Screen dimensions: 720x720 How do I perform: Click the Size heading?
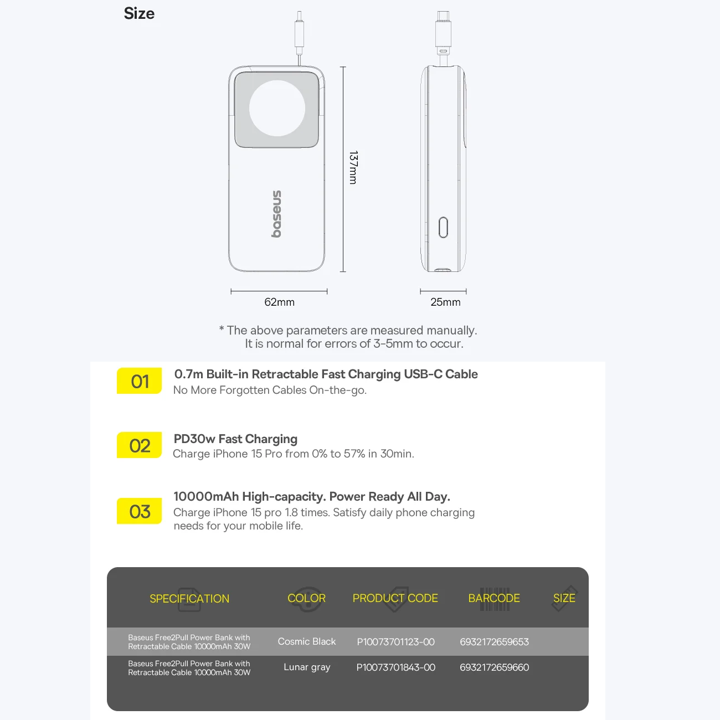(139, 13)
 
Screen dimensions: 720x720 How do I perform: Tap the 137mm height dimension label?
(353, 167)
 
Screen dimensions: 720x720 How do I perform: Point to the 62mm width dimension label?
(279, 302)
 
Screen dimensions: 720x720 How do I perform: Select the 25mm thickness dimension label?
(445, 302)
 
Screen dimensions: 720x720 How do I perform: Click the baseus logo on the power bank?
(276, 214)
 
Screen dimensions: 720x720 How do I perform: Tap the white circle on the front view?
(277, 109)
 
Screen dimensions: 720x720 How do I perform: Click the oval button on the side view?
(443, 227)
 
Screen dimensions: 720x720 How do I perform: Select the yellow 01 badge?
(139, 380)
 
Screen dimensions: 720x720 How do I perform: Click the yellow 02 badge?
(139, 445)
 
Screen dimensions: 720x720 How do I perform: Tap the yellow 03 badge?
(139, 511)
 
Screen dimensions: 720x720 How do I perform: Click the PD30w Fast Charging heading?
(235, 439)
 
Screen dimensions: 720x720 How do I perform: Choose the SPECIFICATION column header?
(189, 599)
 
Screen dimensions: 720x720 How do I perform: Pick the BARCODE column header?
(494, 598)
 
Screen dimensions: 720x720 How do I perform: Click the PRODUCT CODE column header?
(395, 598)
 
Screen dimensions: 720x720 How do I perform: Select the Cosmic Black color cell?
(307, 641)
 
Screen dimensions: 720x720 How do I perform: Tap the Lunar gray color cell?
(307, 667)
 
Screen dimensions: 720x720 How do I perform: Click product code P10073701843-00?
(395, 667)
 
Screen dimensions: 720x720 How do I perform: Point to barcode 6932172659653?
(495, 642)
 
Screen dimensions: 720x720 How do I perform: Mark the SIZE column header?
(564, 598)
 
